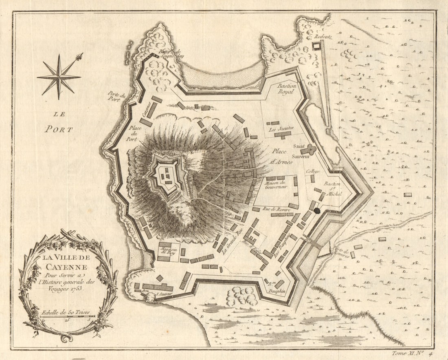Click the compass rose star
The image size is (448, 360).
59,76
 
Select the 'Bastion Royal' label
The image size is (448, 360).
288,89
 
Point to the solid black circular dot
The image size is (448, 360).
317,211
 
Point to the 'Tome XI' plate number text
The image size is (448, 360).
408,353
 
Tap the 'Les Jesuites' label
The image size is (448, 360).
281,129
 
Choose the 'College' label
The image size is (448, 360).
313,171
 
